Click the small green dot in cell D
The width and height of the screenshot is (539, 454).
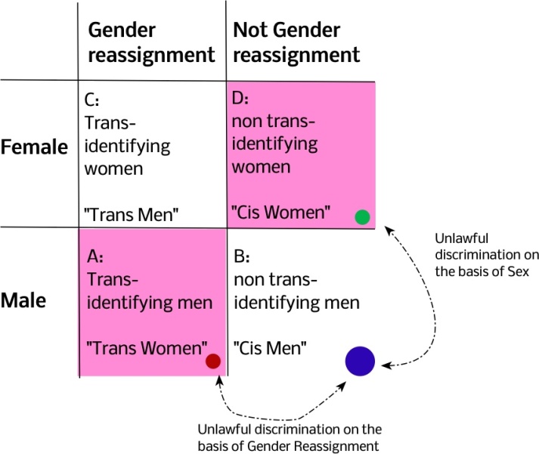[x=362, y=218]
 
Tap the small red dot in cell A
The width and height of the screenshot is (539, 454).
[x=213, y=362]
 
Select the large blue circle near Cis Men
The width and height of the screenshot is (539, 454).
[x=361, y=361]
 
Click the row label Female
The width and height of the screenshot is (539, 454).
[x=34, y=147]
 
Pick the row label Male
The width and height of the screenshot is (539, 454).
[x=23, y=300]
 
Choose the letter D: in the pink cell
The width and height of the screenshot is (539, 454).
[x=241, y=99]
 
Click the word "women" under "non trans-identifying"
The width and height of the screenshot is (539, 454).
[x=262, y=165]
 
